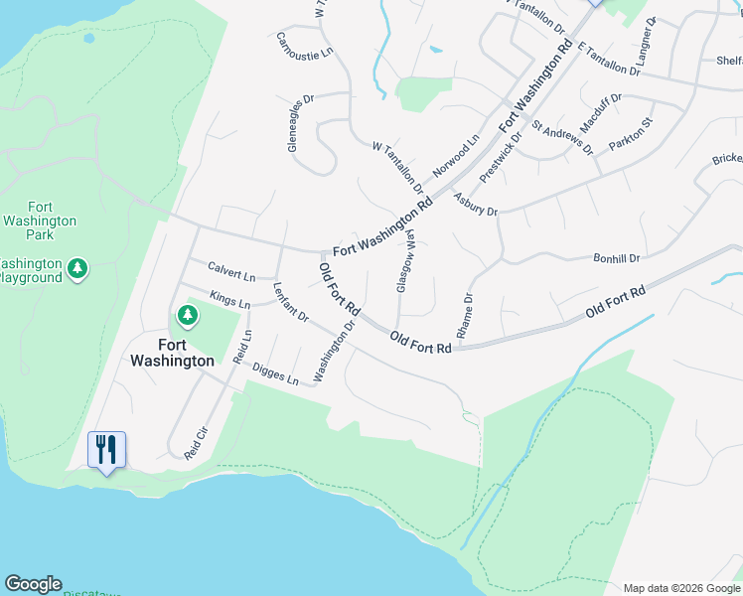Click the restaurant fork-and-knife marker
pyautogui.click(x=106, y=449)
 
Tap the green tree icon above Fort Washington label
pyautogui.click(x=187, y=316)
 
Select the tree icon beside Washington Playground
pyautogui.click(x=77, y=268)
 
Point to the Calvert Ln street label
pyautogui.click(x=231, y=269)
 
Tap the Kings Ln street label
pyautogui.click(x=230, y=297)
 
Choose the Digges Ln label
pyautogui.click(x=275, y=373)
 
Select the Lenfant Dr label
pyautogui.click(x=290, y=302)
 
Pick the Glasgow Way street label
pyautogui.click(x=406, y=261)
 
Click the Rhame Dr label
pyautogui.click(x=465, y=313)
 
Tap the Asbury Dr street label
pyautogui.click(x=475, y=204)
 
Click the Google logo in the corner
pyautogui.click(x=33, y=584)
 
